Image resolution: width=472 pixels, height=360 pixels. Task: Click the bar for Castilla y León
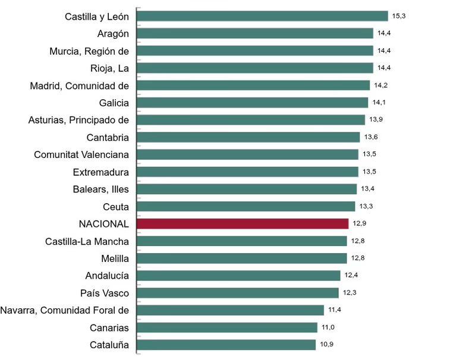262,16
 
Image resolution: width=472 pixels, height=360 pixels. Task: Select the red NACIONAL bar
243,223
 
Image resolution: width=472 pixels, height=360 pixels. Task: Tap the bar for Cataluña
226,345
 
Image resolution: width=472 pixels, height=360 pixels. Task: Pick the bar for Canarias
227,327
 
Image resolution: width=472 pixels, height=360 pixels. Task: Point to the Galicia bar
252,102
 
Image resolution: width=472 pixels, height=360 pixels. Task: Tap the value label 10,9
326,344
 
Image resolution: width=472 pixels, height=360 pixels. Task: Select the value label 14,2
380,85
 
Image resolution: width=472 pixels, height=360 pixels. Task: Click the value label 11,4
334,310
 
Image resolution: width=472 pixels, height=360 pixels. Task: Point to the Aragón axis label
113,34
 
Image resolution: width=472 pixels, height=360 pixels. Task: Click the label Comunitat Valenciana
81,155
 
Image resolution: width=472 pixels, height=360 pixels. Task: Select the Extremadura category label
100,172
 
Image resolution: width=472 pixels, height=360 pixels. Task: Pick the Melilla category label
115,258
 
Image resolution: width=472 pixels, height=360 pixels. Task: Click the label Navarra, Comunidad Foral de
65,310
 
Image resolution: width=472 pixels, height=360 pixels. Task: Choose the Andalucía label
107,276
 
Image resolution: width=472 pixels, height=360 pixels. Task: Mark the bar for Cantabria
248,137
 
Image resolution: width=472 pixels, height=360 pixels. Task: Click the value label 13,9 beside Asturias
376,119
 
